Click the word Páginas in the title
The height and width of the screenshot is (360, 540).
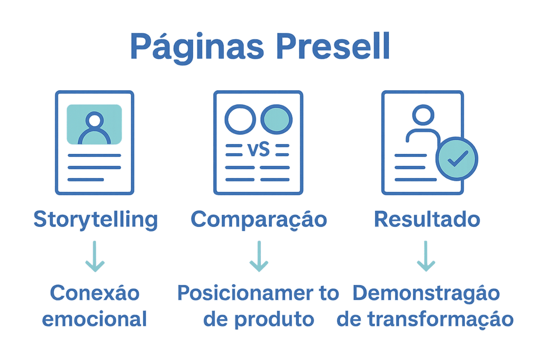coord(197,47)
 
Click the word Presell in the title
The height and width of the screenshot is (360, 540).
coord(333,46)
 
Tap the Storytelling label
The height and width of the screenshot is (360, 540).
coord(96,220)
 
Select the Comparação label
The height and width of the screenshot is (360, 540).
coord(259,220)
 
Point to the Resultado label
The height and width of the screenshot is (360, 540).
coord(427,219)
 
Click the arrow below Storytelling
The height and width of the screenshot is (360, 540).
coord(95,256)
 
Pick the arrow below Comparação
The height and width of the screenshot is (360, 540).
coord(259,256)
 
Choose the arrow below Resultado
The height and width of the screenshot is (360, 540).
coord(426,256)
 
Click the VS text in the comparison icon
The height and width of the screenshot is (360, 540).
coord(259,150)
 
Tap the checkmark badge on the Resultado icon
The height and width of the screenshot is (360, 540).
coord(457,159)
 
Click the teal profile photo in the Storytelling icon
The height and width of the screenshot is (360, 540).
coord(94,124)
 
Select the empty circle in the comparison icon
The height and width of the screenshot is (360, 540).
coord(240,119)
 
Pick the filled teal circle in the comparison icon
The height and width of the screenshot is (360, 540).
coord(276,119)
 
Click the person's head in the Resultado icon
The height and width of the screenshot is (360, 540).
coord(423,115)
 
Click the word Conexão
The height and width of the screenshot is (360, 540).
coord(95,293)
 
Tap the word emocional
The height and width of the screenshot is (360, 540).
coord(94,319)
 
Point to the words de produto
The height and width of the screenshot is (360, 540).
coord(259,319)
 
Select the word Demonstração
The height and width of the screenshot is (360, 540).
coord(426,293)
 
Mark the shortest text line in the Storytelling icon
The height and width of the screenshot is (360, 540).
coord(86,180)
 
